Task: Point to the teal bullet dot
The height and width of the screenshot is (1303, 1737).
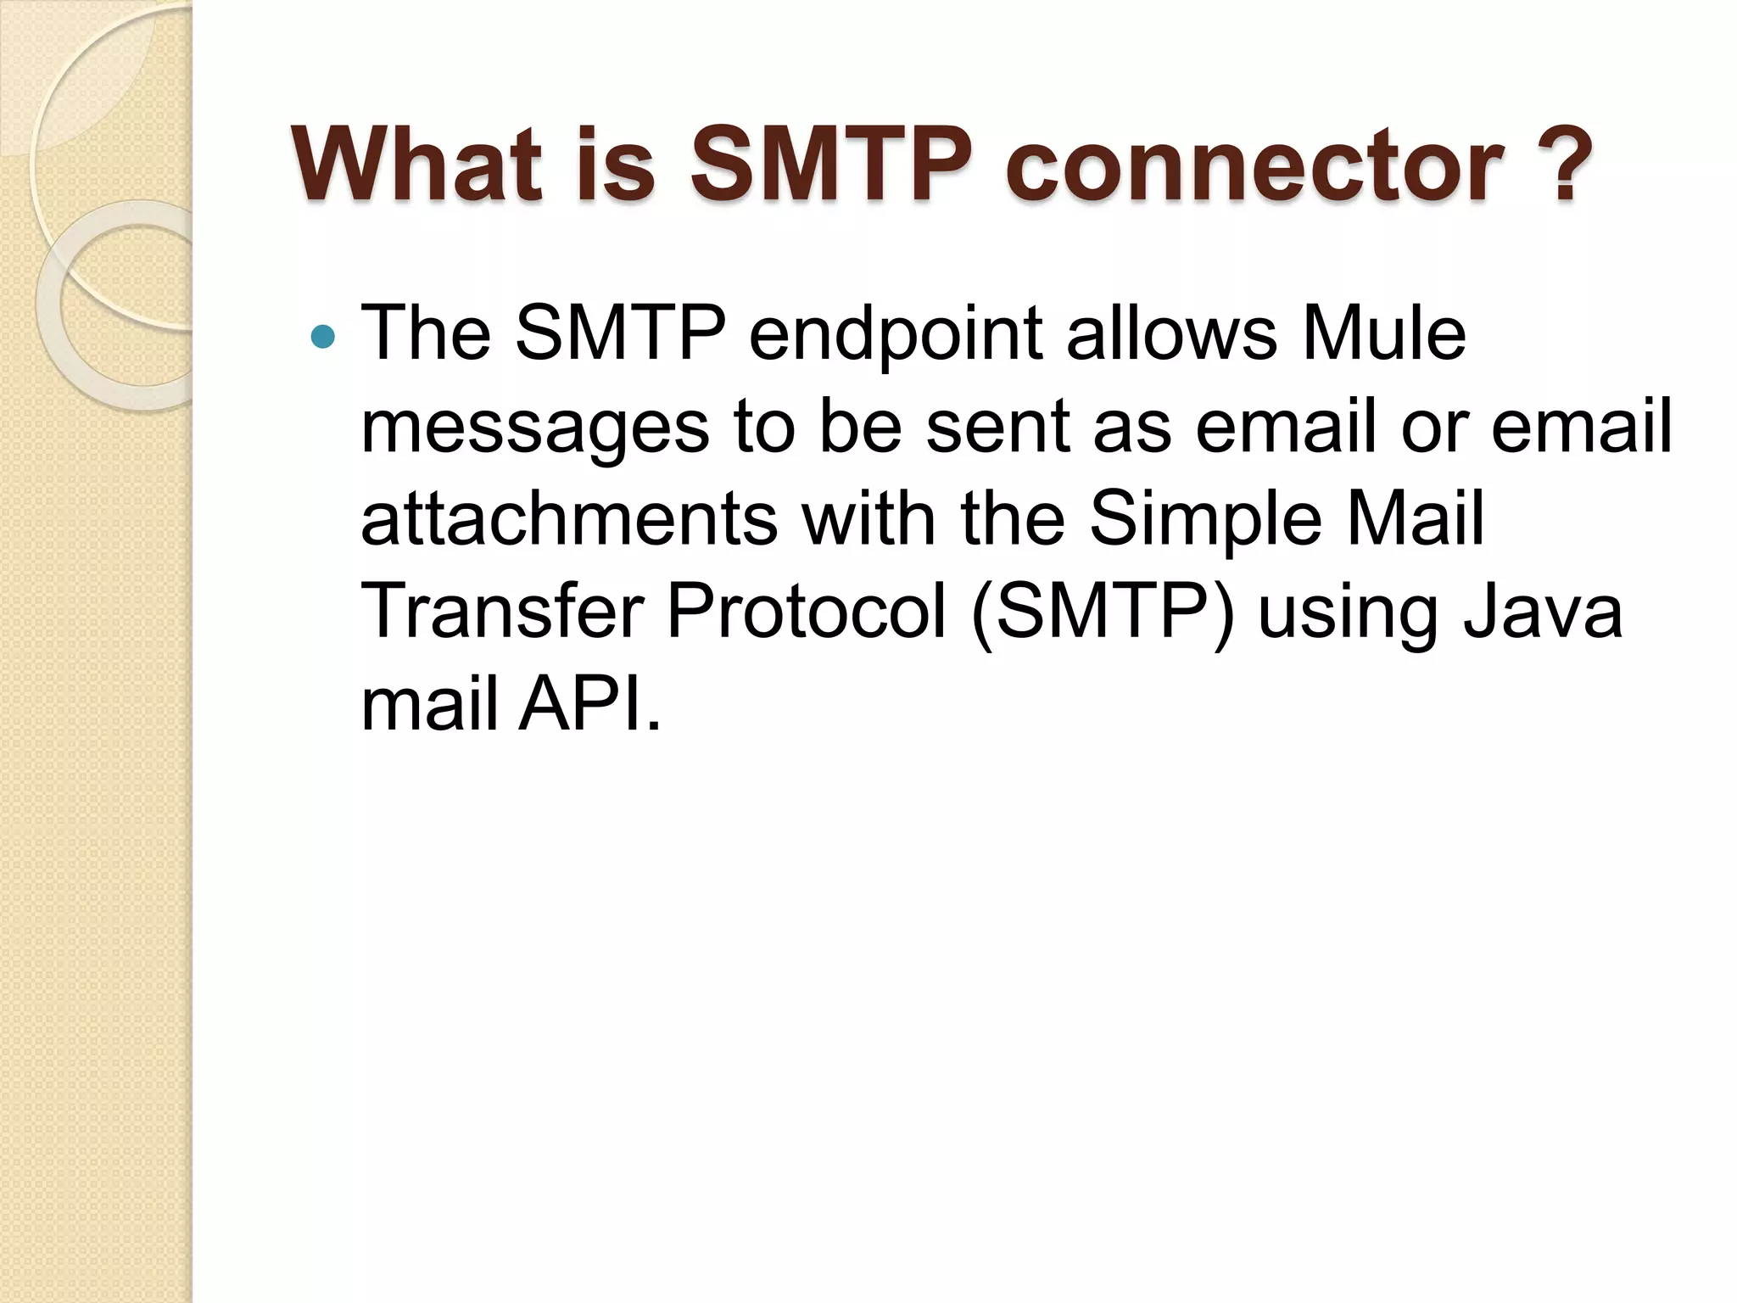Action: [x=323, y=337]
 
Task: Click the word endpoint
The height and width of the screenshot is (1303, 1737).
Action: [x=896, y=333]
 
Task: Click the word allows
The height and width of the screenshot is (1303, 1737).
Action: [x=1170, y=333]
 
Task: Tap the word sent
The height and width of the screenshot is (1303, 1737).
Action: [x=997, y=427]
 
